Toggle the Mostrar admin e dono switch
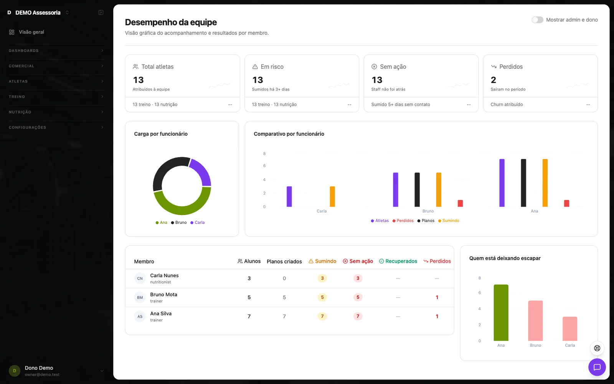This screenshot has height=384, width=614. pos(537,20)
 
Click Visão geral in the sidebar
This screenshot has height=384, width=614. pos(31,32)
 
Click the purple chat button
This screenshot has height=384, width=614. pos(597,367)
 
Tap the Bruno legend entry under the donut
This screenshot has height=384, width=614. pos(179,222)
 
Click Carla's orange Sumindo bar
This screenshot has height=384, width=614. pos(332,196)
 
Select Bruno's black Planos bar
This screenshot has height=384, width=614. pos(417,190)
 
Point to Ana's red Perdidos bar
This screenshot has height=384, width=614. pos(566,203)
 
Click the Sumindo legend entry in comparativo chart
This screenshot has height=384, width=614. pos(449,220)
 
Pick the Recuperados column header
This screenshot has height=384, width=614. pos(398,261)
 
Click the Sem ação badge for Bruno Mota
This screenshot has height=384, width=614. pos(358,297)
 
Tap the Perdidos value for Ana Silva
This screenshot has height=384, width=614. pos(437,316)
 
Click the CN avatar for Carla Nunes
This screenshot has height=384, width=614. pos(140,278)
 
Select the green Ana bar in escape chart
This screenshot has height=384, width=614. pos(501,313)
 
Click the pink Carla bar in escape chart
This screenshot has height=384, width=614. pos(570,329)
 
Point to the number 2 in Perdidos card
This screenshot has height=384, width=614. pos(494,80)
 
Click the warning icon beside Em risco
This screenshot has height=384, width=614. pos(255,67)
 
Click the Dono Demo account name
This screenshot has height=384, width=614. pos(39,368)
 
